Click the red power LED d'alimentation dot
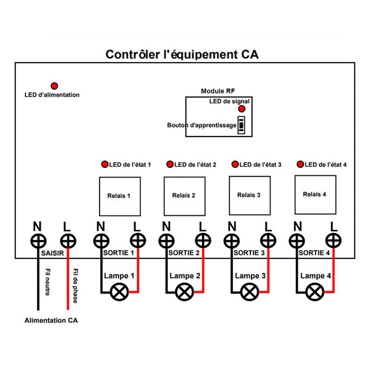54,85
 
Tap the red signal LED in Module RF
242,109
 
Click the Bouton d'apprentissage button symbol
242,124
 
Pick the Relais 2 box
184,196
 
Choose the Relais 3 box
248,196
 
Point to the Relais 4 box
314,194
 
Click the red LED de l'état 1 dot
105,165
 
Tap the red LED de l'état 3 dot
235,165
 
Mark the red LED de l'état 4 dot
300,165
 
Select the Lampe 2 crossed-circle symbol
183,292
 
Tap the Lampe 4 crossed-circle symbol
315,292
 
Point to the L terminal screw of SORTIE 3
268,240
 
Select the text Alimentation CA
51,321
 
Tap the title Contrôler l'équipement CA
182,55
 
